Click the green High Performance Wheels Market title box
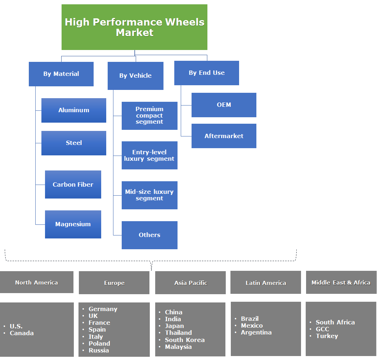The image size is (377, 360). (134, 27)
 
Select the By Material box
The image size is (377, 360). (61, 74)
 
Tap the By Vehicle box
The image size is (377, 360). (135, 76)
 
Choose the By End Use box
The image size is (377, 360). (207, 73)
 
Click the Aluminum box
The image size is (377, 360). (74, 110)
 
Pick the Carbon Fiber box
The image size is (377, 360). (73, 184)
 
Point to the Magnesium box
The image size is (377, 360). (73, 224)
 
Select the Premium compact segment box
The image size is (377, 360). (149, 115)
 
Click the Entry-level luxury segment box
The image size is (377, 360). (149, 155)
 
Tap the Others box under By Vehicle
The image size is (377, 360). (149, 235)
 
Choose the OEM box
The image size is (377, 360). (224, 105)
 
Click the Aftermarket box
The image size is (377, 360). (224, 136)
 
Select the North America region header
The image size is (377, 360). (36, 282)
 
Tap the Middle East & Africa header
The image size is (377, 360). (341, 282)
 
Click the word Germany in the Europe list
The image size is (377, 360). (103, 309)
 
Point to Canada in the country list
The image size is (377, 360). (22, 333)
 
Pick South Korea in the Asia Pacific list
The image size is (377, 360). (185, 340)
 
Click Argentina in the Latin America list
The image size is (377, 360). (256, 332)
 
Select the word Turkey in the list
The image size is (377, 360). (327, 336)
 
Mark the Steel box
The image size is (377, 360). (74, 143)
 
